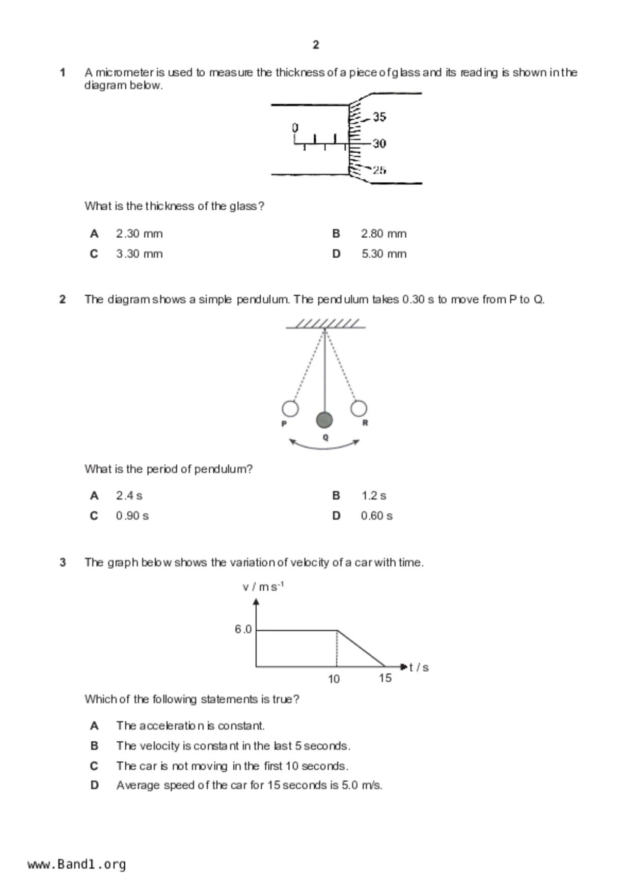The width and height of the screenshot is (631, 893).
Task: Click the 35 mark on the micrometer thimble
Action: click(379, 117)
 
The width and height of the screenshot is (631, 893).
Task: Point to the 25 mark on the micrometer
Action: click(379, 170)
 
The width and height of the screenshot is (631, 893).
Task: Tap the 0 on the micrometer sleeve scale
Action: click(295, 127)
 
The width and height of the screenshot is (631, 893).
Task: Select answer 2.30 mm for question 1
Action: click(139, 234)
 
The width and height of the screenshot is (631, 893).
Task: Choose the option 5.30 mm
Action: click(384, 254)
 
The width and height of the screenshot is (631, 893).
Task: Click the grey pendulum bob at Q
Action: click(324, 420)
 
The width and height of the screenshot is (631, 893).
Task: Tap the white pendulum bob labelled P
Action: click(290, 408)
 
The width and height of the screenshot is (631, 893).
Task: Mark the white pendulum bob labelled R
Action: click(359, 408)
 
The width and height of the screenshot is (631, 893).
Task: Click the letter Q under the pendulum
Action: click(326, 437)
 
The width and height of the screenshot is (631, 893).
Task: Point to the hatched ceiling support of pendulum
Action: click(326, 324)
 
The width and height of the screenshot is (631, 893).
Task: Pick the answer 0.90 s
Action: click(132, 516)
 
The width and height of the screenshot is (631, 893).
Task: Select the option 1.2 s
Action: click(374, 495)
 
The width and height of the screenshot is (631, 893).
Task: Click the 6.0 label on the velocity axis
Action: click(243, 629)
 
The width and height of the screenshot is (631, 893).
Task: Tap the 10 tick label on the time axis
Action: click(334, 679)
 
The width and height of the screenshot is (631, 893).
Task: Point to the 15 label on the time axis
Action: click(385, 678)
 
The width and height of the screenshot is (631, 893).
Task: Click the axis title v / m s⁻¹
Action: click(263, 587)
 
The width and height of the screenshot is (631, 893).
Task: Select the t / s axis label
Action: click(419, 667)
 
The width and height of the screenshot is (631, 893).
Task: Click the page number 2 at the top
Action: click(316, 45)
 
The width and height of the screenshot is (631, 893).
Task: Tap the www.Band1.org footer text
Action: click(77, 864)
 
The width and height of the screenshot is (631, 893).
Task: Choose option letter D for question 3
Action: click(94, 785)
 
